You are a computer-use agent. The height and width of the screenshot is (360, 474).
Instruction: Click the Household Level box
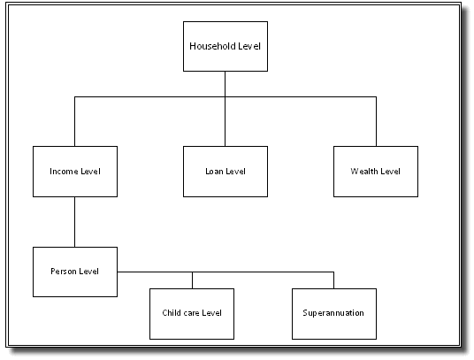pyautogui.click(x=225, y=46)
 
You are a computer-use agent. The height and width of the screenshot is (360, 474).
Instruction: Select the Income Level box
pyautogui.click(x=74, y=171)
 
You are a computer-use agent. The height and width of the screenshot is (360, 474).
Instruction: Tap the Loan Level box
pyautogui.click(x=225, y=171)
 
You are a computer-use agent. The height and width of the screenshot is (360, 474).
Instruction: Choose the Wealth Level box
pyautogui.click(x=375, y=171)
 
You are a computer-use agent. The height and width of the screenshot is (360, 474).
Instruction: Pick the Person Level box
pyautogui.click(x=74, y=271)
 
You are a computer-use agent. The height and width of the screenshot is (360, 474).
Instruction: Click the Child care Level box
pyautogui.click(x=192, y=313)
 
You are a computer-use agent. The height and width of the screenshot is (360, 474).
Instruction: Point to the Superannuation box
pyautogui.click(x=333, y=313)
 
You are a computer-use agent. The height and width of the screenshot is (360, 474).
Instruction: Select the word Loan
pyautogui.click(x=215, y=171)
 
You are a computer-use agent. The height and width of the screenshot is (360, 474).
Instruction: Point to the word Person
pyautogui.click(x=65, y=271)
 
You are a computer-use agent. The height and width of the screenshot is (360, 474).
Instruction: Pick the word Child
pyautogui.click(x=172, y=313)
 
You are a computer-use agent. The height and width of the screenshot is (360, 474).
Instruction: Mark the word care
pyautogui.click(x=191, y=313)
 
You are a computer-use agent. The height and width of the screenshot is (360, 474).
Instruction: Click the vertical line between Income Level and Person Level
pyautogui.click(x=74, y=221)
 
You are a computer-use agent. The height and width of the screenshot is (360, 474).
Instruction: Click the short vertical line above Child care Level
pyautogui.click(x=192, y=280)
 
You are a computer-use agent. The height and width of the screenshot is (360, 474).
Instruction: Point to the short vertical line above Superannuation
pyautogui.click(x=333, y=280)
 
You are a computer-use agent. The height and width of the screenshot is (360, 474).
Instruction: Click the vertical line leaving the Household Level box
pyautogui.click(x=225, y=83)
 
